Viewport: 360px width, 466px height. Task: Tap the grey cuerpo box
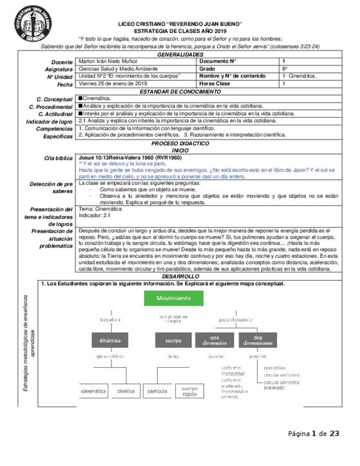174,340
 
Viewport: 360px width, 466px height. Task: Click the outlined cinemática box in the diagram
93,391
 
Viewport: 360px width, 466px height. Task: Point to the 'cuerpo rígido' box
190,391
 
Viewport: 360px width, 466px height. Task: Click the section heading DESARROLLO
180,276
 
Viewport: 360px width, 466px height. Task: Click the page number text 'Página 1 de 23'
314,434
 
